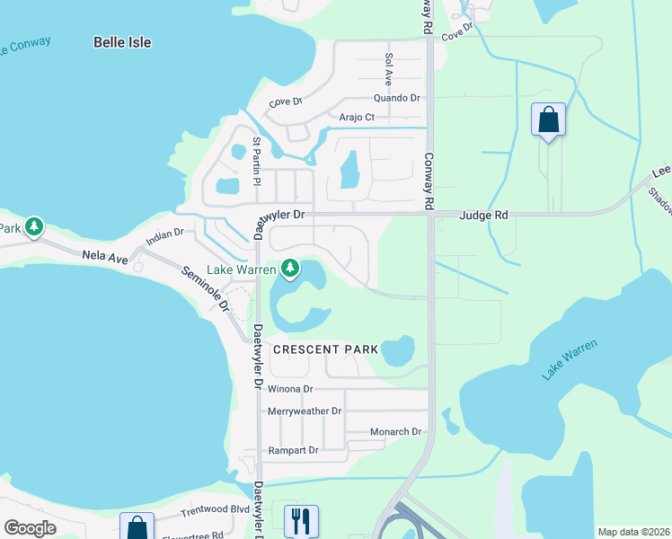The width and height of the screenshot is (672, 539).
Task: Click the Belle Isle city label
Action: pyautogui.click(x=122, y=42)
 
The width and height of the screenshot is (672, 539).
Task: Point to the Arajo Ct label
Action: pyautogui.click(x=357, y=118)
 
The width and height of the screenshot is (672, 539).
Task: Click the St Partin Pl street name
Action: pyautogui.click(x=256, y=161)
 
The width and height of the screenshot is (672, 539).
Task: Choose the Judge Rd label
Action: pyautogui.click(x=483, y=216)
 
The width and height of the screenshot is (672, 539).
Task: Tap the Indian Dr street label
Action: pyautogui.click(x=165, y=237)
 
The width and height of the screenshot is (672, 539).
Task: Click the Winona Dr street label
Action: pyautogui.click(x=289, y=389)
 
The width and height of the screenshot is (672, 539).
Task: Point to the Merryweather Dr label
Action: pyautogui.click(x=305, y=411)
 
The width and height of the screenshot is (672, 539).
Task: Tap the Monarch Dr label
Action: pyautogui.click(x=396, y=432)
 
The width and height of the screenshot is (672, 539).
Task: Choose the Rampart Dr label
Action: pyautogui.click(x=294, y=450)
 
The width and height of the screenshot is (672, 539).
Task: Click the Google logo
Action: pyautogui.click(x=31, y=528)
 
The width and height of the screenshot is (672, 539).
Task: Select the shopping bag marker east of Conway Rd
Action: pyautogui.click(x=548, y=119)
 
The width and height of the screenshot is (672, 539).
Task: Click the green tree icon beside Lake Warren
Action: pyautogui.click(x=289, y=268)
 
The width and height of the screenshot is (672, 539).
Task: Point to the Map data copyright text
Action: pyautogui.click(x=633, y=532)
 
